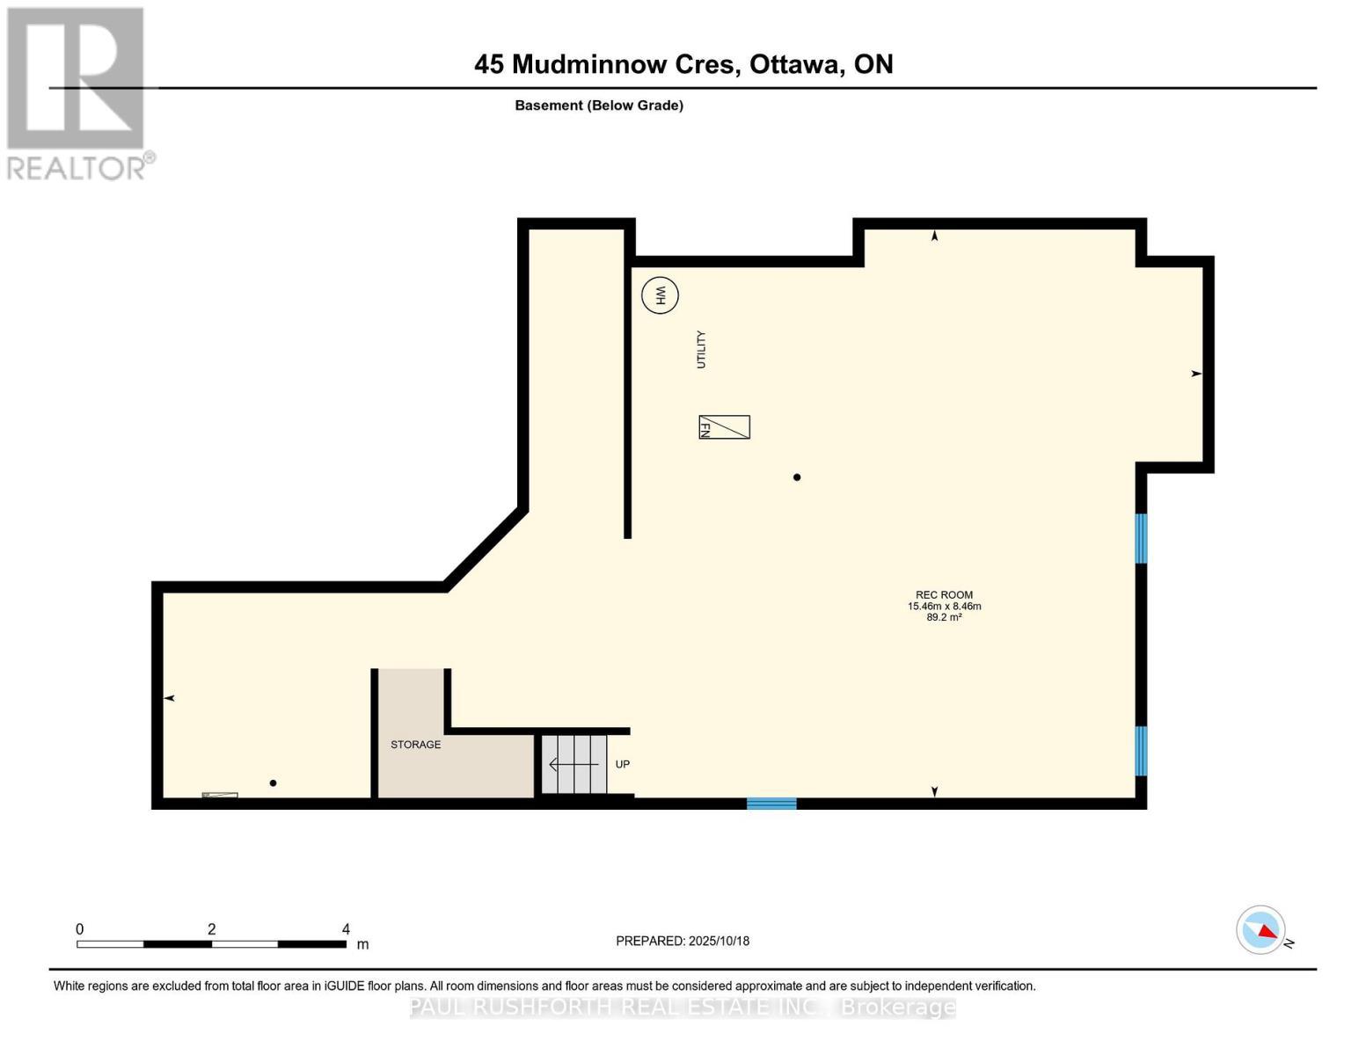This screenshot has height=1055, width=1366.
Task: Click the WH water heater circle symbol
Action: pyautogui.click(x=660, y=295)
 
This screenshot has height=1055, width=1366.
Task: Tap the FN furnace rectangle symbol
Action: pyautogui.click(x=724, y=427)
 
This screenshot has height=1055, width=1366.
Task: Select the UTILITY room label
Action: pyautogui.click(x=701, y=349)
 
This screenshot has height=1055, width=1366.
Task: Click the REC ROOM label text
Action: pyautogui.click(x=944, y=595)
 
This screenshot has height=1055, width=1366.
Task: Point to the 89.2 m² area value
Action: pyautogui.click(x=944, y=618)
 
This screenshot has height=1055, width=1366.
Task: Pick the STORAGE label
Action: pyautogui.click(x=416, y=745)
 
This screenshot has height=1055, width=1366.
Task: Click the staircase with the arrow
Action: pyautogui.click(x=574, y=764)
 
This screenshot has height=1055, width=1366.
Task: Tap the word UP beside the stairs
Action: pyautogui.click(x=623, y=764)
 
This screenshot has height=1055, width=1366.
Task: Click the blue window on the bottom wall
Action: pyautogui.click(x=771, y=803)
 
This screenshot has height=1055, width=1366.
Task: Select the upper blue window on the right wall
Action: pyautogui.click(x=1141, y=538)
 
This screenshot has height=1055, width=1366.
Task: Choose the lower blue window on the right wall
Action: pyautogui.click(x=1141, y=751)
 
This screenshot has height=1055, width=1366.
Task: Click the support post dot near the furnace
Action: pyautogui.click(x=797, y=477)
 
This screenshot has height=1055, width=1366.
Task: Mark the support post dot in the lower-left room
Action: pyautogui.click(x=273, y=783)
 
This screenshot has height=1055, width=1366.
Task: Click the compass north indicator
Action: pyautogui.click(x=1261, y=930)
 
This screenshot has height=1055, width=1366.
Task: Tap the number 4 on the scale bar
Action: pyautogui.click(x=346, y=929)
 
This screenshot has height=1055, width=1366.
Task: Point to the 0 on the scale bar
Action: pyautogui.click(x=80, y=929)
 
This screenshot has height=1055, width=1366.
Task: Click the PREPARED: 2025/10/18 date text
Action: pyautogui.click(x=683, y=941)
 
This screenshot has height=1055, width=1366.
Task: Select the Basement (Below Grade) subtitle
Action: pyautogui.click(x=599, y=105)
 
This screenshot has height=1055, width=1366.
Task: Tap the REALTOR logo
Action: pyautogui.click(x=77, y=92)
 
